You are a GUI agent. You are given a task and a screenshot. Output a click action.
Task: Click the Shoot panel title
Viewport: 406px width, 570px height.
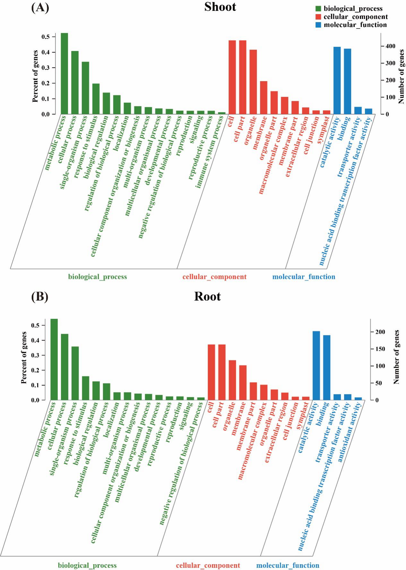(220, 7)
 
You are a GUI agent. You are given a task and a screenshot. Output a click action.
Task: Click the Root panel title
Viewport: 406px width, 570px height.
(207, 296)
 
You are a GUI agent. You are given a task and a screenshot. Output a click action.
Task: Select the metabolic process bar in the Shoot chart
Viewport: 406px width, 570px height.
(65, 73)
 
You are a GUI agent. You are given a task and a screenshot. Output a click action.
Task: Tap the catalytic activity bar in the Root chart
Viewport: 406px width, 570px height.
(316, 365)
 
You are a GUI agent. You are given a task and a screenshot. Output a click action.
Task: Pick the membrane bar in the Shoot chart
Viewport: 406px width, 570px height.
(263, 97)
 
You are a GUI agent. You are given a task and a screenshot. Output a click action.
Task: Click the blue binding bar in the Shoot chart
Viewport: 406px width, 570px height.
(348, 81)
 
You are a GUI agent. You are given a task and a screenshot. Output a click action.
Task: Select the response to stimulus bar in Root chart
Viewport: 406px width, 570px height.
(86, 388)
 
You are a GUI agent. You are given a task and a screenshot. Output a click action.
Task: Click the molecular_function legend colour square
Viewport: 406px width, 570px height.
(318, 25)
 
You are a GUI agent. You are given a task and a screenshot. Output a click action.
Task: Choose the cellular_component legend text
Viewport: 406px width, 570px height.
(356, 17)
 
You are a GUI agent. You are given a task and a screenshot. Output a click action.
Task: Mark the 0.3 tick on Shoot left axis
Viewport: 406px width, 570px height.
(46, 68)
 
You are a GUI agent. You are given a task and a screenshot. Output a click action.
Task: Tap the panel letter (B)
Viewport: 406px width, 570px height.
(40, 297)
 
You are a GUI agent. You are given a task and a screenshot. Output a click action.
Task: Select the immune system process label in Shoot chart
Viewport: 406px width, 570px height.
(210, 151)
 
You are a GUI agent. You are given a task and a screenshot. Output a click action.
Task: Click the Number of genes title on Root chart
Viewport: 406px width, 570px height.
(397, 357)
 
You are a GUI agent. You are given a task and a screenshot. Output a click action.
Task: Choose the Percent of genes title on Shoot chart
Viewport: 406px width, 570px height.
(35, 76)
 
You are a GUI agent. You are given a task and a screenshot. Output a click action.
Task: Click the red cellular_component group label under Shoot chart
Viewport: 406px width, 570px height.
(214, 277)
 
